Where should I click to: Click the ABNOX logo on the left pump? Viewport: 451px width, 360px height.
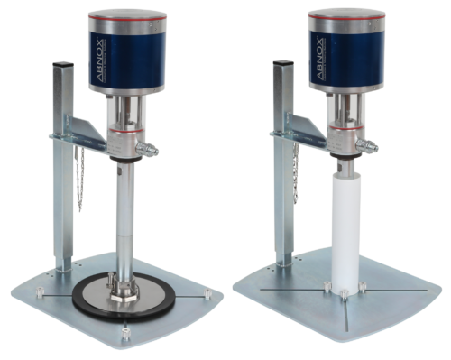[x=100, y=60]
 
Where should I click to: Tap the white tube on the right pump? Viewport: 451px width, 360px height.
[x=345, y=233]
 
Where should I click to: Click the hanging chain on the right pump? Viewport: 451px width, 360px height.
[x=295, y=174]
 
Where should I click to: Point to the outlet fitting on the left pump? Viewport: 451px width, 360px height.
[x=147, y=148]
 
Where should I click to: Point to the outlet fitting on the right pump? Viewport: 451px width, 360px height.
[x=367, y=146]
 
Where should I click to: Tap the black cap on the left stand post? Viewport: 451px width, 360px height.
[x=63, y=64]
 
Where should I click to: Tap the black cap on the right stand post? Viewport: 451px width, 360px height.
[x=283, y=63]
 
